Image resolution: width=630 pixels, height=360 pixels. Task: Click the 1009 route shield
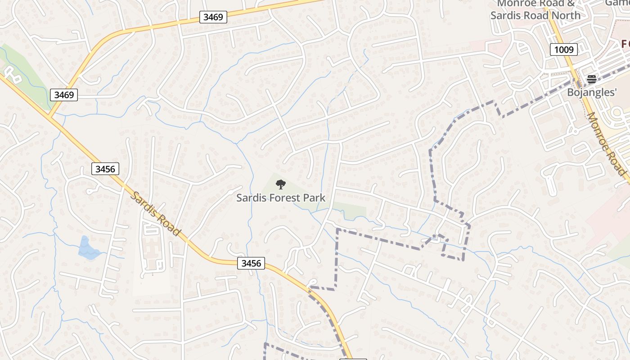click(x=563, y=49)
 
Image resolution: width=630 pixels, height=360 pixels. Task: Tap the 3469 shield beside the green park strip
click(x=64, y=94)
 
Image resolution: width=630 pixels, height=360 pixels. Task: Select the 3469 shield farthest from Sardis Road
click(x=213, y=17)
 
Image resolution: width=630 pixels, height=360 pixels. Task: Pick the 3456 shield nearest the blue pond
click(x=105, y=169)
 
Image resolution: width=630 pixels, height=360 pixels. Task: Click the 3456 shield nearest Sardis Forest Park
click(x=251, y=263)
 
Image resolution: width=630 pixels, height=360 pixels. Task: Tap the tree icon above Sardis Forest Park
click(x=280, y=184)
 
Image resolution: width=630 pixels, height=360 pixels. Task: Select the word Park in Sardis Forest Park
click(x=314, y=198)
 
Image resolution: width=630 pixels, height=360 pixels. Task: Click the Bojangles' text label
click(x=591, y=93)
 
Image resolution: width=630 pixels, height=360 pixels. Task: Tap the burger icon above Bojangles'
click(x=591, y=80)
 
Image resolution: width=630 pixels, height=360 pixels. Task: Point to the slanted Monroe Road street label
click(x=607, y=144)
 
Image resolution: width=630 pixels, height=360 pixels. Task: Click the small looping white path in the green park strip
click(x=14, y=76)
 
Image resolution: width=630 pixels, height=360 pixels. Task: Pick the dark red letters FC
click(x=625, y=44)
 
